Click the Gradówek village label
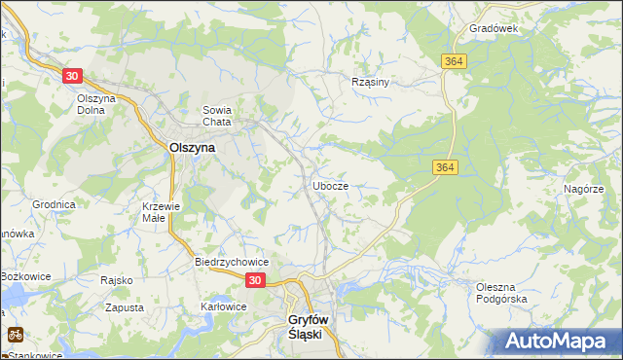tap(494, 28)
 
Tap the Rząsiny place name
tap(370, 82)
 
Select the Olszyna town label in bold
tap(192, 148)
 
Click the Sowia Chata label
tap(215, 116)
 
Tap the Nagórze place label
tap(583, 190)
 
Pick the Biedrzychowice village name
tap(232, 263)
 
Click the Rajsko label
tap(116, 280)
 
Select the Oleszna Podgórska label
tap(501, 293)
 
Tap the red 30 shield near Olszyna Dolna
tap(71, 75)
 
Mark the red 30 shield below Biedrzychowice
tap(254, 280)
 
